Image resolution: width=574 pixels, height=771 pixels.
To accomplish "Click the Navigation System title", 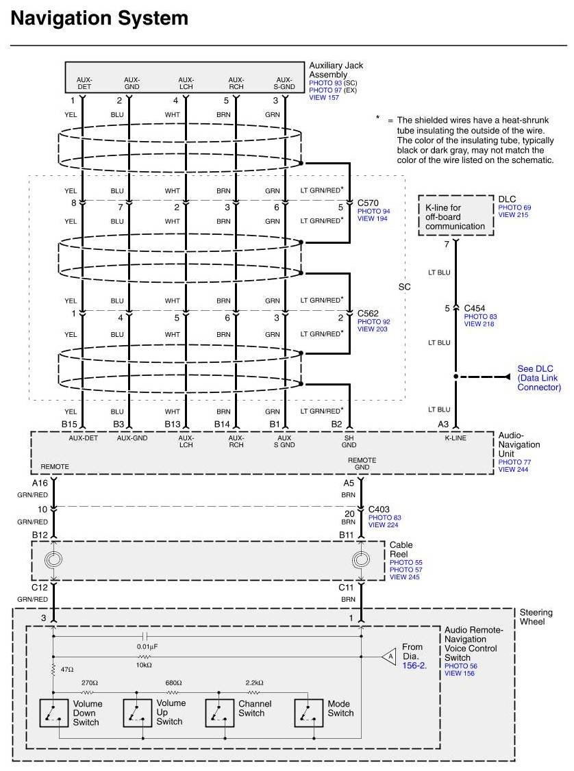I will pos(99,18).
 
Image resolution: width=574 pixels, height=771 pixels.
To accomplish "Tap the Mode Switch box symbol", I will pos(308,713).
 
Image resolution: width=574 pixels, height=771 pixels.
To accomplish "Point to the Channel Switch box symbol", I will pos(219,713).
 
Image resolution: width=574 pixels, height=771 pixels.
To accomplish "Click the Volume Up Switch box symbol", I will pos(136,713).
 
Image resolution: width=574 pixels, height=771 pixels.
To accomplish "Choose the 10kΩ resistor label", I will pos(144,665).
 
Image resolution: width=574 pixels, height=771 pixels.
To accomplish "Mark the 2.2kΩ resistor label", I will pos(254,683).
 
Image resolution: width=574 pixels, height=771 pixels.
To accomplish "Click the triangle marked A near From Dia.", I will pos(389,656).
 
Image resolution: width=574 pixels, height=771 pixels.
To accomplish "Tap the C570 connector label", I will pos(369,203).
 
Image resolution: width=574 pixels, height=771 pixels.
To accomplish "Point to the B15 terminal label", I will pos(70,425).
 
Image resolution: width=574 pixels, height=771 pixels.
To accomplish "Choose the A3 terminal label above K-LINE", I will pos(444,425).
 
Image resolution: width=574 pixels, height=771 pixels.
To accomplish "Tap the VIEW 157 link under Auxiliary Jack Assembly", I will pos(324,98).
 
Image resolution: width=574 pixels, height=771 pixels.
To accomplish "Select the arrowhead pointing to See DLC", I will pos(507,376).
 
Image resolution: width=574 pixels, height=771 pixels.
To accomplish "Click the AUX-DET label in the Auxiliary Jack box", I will pos(84,83).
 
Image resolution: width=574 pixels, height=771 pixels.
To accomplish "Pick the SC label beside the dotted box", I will pos(404,287).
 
